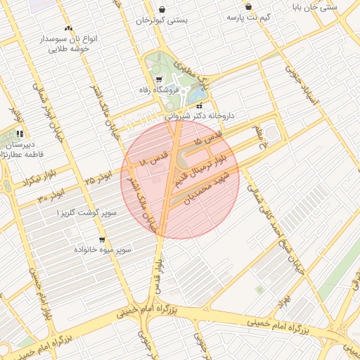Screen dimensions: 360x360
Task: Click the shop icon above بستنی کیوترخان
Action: [163, 10]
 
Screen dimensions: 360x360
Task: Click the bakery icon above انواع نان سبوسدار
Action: [68, 29]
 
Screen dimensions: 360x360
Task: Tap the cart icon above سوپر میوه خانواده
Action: [103, 239]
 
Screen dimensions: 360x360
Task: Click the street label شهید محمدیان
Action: [207, 184]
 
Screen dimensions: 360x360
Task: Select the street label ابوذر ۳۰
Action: [51, 194]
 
